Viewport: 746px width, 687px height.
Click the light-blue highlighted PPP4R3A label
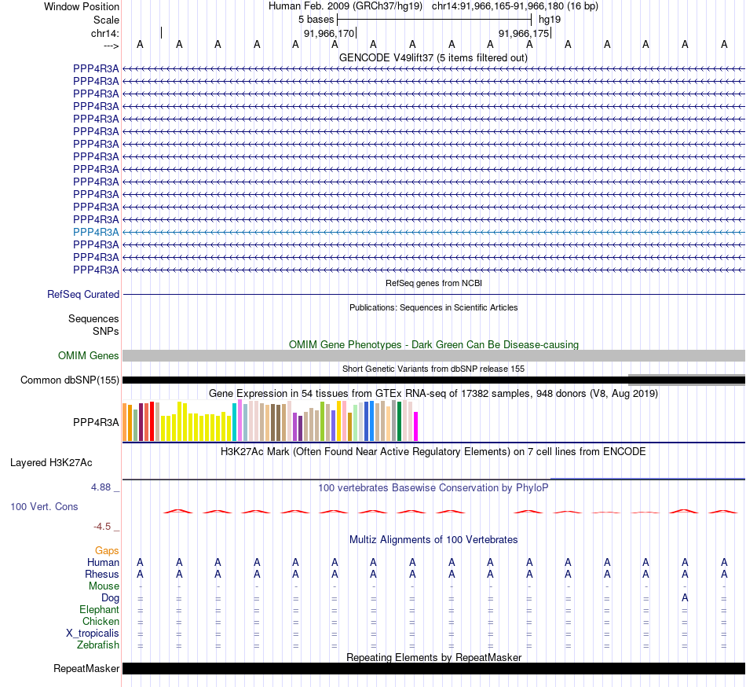click(x=96, y=232)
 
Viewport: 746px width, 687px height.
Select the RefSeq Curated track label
click(x=83, y=294)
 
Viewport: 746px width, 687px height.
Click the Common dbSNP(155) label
click(x=70, y=380)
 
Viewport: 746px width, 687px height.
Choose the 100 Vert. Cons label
click(x=44, y=506)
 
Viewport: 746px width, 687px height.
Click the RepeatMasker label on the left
click(x=86, y=669)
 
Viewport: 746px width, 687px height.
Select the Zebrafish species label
click(x=98, y=645)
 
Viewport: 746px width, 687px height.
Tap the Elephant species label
click(x=99, y=610)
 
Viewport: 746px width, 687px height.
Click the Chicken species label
click(x=101, y=622)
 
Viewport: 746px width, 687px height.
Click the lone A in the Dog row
click(x=685, y=598)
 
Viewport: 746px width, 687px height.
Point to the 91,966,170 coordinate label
click(x=329, y=33)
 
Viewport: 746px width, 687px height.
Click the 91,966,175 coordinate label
click(x=525, y=33)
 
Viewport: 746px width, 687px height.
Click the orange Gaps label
click(x=107, y=550)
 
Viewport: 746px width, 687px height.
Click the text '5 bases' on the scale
click(x=316, y=19)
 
